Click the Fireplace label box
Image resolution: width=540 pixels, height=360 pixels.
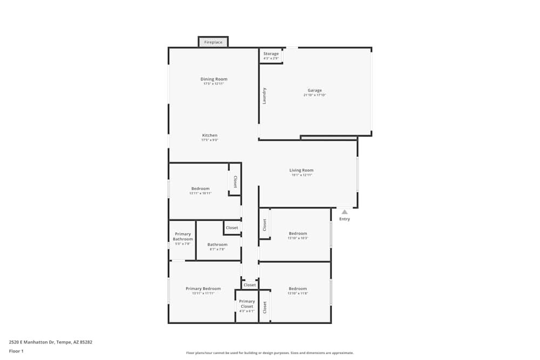click(x=213, y=42)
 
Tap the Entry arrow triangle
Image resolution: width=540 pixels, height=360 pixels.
click(x=345, y=212)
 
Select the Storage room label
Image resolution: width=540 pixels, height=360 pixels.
click(x=271, y=54)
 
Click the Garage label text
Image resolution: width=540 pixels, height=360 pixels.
click(x=315, y=90)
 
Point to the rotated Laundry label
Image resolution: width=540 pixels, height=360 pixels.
click(x=265, y=96)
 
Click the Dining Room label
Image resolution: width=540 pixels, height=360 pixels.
click(x=214, y=79)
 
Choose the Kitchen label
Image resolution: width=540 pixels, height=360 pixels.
click(x=210, y=135)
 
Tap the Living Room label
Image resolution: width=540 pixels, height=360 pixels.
click(x=301, y=170)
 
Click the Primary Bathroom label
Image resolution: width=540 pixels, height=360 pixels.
click(x=183, y=236)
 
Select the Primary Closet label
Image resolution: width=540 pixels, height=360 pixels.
click(x=247, y=304)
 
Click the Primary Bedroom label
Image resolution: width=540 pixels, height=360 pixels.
click(x=203, y=289)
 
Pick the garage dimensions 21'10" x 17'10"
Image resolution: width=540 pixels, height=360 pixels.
click(x=315, y=95)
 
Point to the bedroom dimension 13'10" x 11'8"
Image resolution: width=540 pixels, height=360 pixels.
click(x=298, y=293)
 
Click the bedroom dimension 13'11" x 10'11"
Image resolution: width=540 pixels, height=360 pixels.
click(x=200, y=193)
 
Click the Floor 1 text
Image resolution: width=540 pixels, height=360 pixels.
click(x=16, y=351)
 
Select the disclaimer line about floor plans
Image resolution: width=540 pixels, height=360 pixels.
click(x=270, y=353)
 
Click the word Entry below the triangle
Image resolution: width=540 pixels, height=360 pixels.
click(x=345, y=219)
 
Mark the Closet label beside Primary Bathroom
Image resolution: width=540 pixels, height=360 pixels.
click(x=232, y=228)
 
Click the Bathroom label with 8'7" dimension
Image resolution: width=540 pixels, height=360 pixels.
click(x=218, y=244)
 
